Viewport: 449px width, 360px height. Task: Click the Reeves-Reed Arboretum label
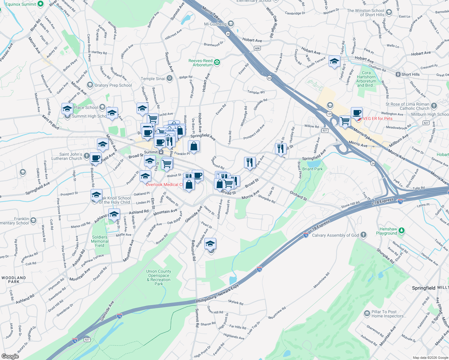(200, 63)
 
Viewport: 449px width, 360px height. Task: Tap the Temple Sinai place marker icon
(170, 79)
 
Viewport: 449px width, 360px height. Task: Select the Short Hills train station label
(410, 74)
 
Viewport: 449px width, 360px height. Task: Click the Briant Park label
(312, 169)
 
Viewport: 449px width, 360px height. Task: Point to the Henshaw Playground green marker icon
(402, 231)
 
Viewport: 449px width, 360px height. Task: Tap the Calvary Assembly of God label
(335, 235)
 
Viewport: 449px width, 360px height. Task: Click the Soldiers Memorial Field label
(100, 241)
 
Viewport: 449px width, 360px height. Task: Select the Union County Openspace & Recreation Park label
(159, 277)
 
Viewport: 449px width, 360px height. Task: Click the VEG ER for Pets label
(378, 118)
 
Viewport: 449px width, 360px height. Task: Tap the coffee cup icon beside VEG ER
(357, 113)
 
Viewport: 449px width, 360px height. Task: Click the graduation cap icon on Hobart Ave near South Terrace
(334, 61)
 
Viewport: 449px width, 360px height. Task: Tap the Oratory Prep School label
(113, 85)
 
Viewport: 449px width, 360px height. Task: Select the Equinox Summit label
(21, 4)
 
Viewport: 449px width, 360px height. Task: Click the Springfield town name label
(423, 288)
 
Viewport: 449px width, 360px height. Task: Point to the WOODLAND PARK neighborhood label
(14, 280)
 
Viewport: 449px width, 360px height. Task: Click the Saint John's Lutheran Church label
(67, 156)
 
